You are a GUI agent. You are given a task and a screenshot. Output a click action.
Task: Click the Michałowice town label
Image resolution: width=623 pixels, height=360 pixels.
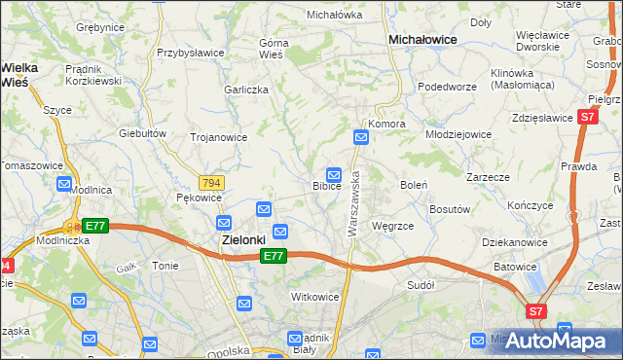(423, 40)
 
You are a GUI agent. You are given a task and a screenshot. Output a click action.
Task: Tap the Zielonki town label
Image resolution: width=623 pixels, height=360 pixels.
(238, 238)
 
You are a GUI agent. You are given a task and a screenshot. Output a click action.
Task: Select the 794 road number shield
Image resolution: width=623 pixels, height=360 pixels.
(211, 183)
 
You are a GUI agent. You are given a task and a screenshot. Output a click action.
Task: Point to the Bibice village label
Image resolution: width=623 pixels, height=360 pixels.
(326, 185)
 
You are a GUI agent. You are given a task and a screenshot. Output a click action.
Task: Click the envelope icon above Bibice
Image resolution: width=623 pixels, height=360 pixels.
(333, 171)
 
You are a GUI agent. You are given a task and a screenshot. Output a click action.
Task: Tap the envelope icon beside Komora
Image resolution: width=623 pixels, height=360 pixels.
(361, 138)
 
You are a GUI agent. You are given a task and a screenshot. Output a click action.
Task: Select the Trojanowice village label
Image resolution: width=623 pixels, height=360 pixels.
(218, 137)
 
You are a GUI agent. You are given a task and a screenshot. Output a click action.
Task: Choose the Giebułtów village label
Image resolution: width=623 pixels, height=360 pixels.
(138, 132)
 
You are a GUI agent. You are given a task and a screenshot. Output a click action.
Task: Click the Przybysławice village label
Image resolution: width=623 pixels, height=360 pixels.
(192, 54)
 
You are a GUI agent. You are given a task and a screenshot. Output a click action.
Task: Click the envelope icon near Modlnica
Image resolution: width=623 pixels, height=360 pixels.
(65, 183)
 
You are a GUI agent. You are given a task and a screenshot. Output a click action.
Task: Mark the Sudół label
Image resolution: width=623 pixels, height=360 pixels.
(421, 285)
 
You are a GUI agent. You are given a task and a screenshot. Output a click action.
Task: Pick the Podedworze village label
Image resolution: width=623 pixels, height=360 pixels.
(443, 87)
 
